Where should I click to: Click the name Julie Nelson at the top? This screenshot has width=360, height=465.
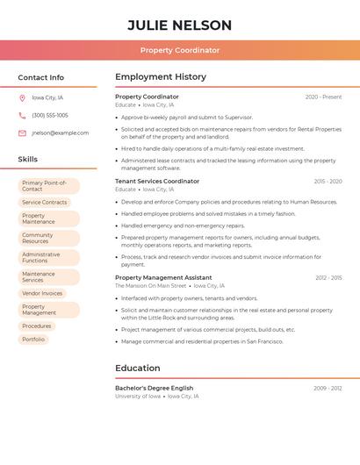point(180,25)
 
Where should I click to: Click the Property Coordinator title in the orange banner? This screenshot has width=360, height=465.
point(180,50)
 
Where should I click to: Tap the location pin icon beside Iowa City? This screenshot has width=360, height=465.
point(22,97)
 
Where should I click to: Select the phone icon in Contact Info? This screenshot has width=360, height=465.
point(22,115)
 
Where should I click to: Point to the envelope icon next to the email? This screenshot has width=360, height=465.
point(22,133)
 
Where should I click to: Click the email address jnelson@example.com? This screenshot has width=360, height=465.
point(61,133)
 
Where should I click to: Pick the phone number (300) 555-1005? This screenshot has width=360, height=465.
point(50,115)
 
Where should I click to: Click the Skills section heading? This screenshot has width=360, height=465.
point(28,159)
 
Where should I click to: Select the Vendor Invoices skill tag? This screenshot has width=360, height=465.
point(42,293)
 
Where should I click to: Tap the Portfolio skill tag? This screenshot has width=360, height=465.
point(33,339)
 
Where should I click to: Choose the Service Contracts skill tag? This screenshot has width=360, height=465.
point(44,202)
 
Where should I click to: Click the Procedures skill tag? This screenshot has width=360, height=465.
point(37,325)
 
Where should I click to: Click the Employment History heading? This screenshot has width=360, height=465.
point(161,76)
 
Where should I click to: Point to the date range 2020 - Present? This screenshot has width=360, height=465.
point(323,97)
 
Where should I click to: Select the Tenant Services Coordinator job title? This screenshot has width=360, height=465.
point(157,182)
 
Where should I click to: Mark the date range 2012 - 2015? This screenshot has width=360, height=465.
point(328,277)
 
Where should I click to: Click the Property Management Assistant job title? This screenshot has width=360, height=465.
point(163,277)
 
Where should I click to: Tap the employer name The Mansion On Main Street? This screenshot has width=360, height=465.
point(151,285)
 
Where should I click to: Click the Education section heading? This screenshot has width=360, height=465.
point(138,368)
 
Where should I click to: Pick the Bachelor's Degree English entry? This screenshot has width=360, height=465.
point(155,388)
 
